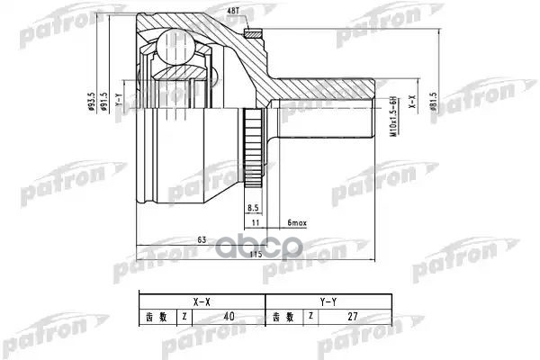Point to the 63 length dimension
click(202, 239)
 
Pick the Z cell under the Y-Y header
click(311, 317)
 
